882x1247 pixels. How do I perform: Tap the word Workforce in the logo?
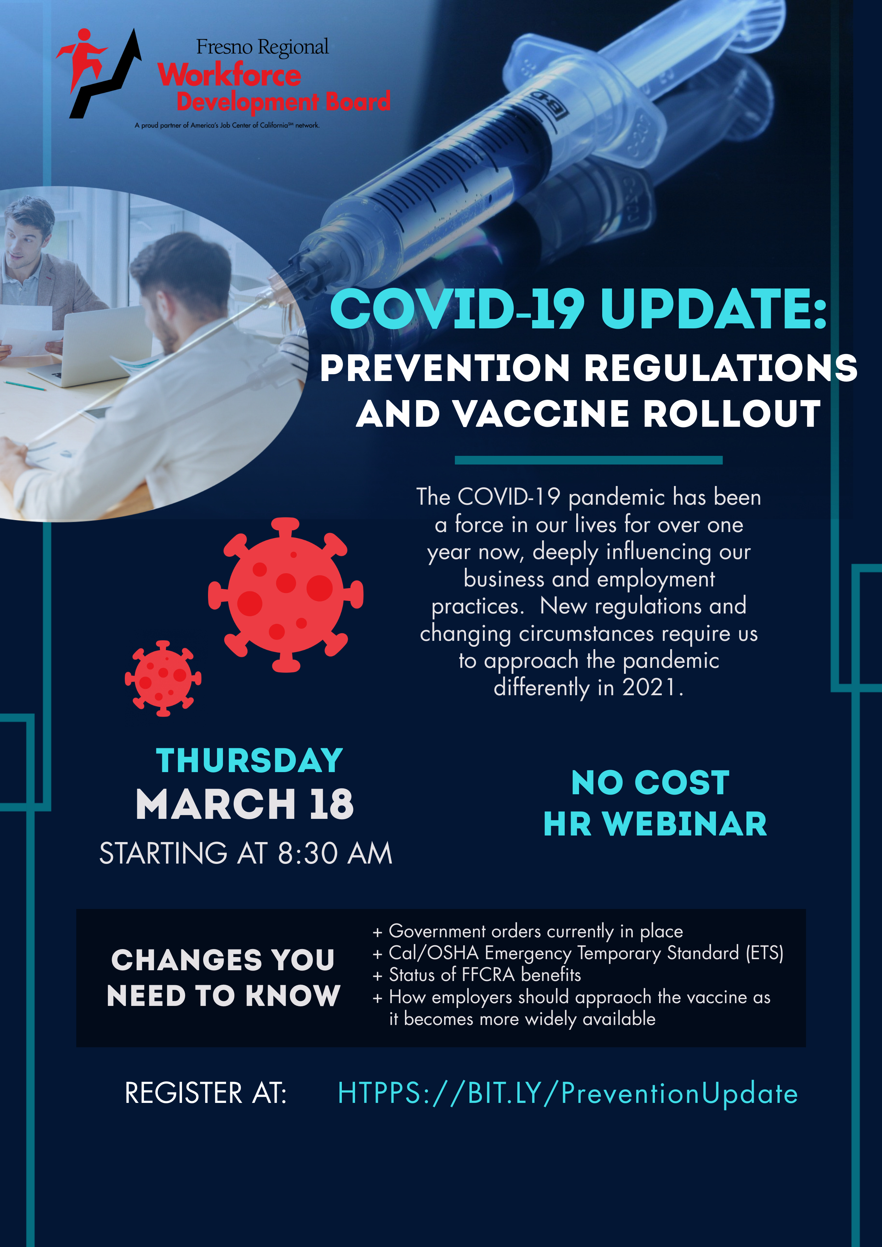tap(229, 74)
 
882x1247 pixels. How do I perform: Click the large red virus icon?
tap(286, 595)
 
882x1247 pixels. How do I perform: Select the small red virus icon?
tap(163, 678)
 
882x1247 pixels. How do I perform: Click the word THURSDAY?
tap(249, 760)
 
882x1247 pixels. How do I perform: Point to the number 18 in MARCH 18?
tap(331, 804)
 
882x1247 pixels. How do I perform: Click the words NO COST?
tap(650, 782)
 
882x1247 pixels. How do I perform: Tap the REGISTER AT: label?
tap(206, 1093)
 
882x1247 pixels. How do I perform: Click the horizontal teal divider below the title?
tap(589, 460)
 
